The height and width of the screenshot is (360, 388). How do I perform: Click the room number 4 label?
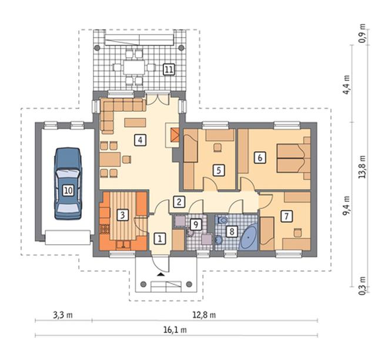click(141, 140)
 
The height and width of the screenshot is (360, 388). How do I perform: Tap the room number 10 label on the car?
click(68, 191)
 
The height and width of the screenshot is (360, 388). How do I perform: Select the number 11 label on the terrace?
click(169, 69)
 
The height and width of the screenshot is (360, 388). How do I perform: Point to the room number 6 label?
click(260, 158)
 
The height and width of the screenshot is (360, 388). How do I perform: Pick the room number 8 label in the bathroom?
click(232, 232)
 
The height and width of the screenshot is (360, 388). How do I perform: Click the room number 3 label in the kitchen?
click(122, 215)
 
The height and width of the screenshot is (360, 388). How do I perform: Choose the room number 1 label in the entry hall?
click(159, 239)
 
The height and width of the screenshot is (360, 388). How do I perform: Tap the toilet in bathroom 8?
click(222, 219)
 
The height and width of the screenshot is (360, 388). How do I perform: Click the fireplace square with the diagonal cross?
click(175, 135)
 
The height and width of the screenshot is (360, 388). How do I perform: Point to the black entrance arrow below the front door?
click(160, 275)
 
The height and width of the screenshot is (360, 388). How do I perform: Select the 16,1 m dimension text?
click(175, 330)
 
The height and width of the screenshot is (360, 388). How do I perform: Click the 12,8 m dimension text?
click(204, 315)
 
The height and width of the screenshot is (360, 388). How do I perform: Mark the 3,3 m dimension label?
click(63, 315)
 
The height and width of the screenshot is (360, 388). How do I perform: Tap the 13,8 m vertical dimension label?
click(362, 166)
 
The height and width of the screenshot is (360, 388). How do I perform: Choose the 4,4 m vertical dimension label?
click(347, 85)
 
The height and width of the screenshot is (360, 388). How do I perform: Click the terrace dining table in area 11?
click(134, 67)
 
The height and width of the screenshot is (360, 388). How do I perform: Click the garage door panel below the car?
click(68, 238)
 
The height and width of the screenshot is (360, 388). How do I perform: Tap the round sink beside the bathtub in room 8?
click(219, 239)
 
